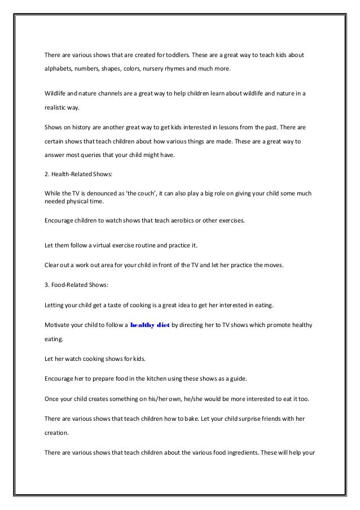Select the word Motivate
pos(58,326)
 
